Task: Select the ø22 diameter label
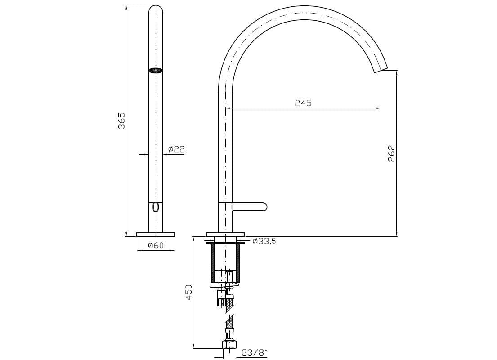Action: pos(176,149)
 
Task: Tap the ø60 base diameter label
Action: pos(155,245)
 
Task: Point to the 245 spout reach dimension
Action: pos(303,103)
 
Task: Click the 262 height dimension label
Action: pos(391,153)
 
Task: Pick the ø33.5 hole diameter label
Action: pos(264,242)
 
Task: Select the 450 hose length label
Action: pos(189,292)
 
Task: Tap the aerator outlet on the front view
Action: pos(156,70)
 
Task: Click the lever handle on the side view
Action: pos(250,207)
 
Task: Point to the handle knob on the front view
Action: pos(156,207)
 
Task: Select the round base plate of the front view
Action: pos(156,234)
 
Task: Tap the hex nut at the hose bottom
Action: pos(229,344)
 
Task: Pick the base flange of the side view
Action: pos(225,234)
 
